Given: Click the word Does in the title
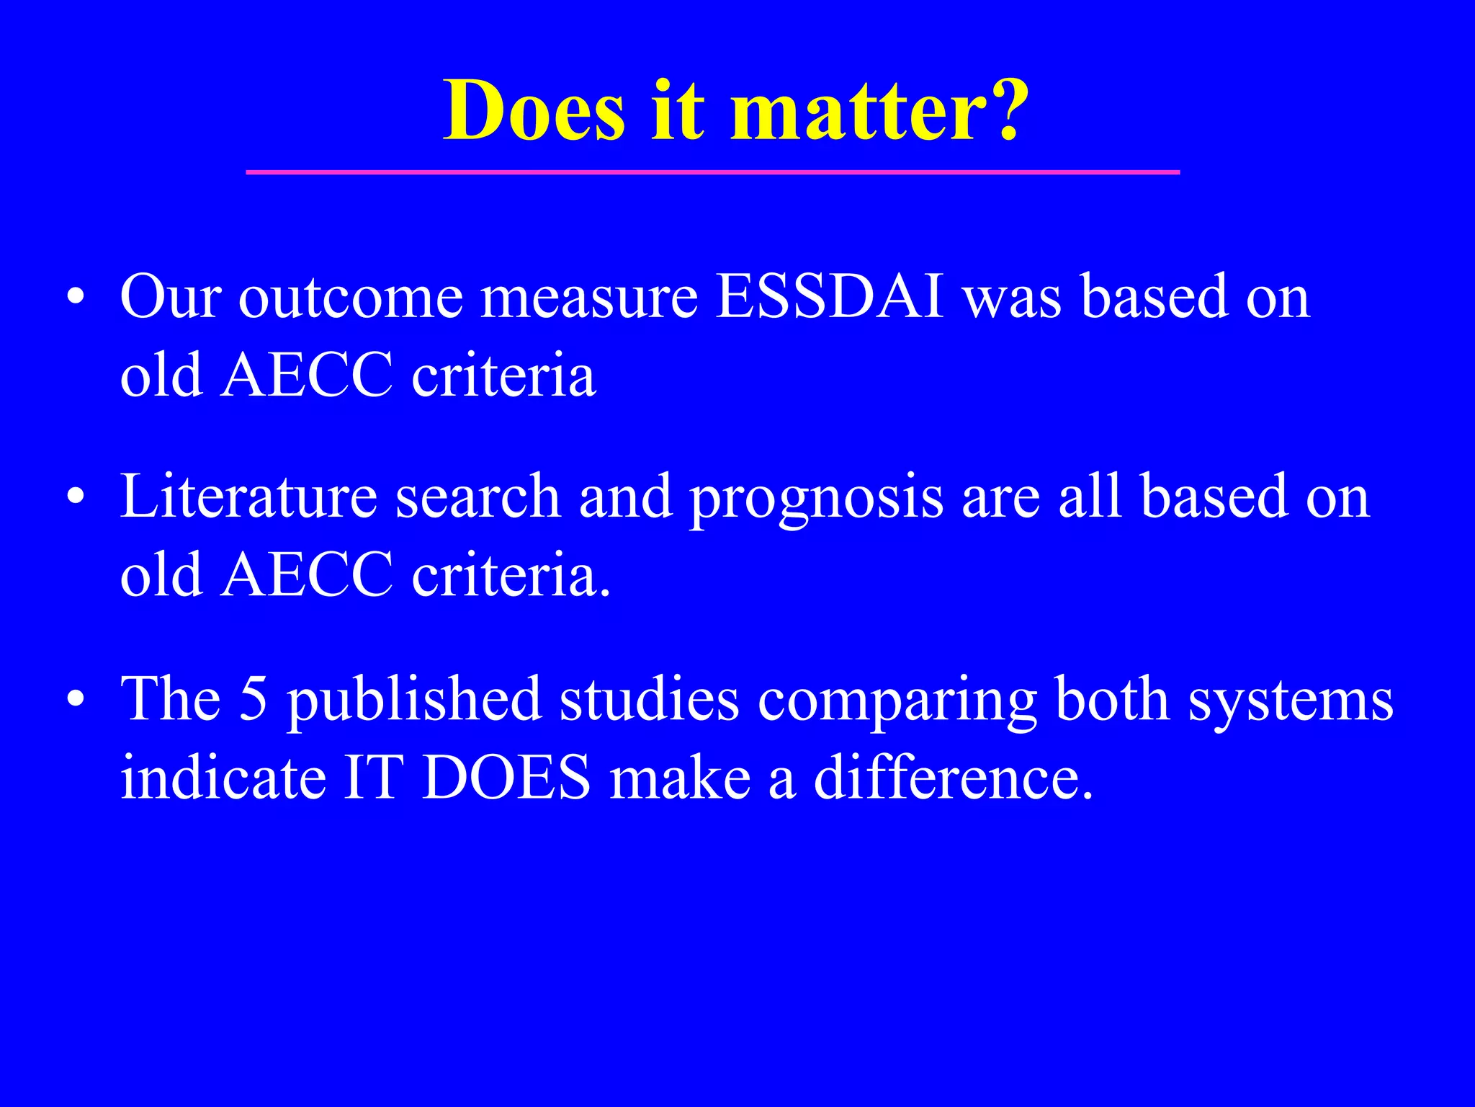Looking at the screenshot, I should click(x=534, y=110).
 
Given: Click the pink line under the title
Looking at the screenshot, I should click(x=712, y=172).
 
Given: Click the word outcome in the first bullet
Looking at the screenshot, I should click(x=351, y=298).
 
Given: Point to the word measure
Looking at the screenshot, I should click(x=589, y=298).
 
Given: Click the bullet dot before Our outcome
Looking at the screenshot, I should click(x=76, y=298).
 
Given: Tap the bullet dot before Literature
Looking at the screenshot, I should click(x=76, y=497).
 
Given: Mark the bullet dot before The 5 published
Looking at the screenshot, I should click(x=76, y=699).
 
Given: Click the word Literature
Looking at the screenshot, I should click(x=248, y=497).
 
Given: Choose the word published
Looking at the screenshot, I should click(x=414, y=701).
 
